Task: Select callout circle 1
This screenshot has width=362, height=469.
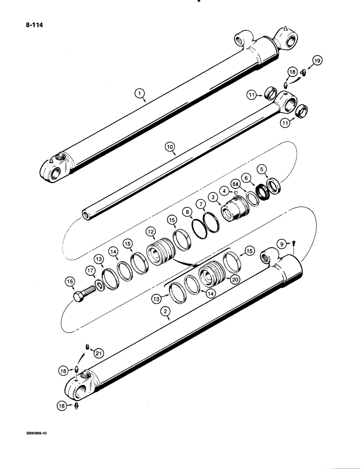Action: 140,95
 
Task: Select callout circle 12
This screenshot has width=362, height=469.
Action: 151,232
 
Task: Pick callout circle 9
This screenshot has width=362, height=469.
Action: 280,244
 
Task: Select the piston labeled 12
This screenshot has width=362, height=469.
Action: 160,257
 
